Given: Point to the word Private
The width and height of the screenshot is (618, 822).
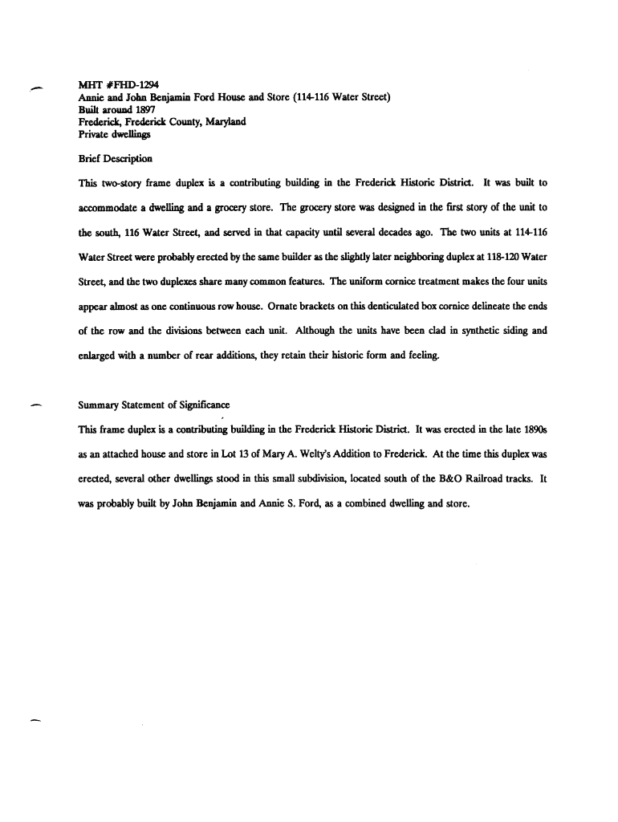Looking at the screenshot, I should click(x=95, y=134).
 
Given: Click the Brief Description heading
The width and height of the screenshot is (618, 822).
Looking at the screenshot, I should click(x=116, y=158).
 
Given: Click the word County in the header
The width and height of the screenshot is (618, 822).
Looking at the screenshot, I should click(x=190, y=122).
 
